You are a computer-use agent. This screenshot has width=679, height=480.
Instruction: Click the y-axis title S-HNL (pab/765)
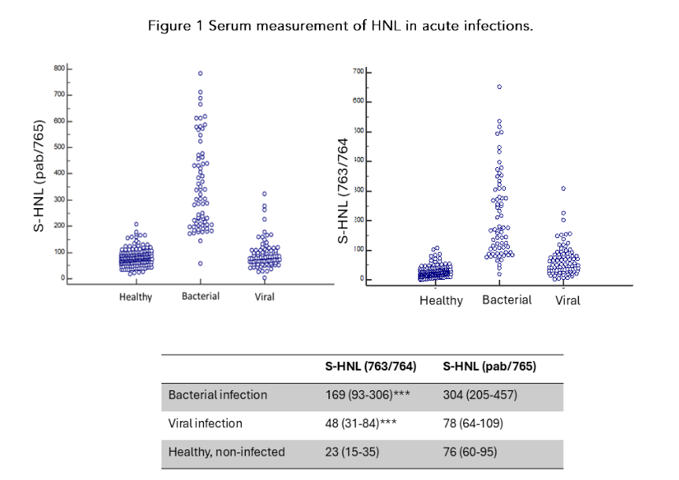pyautogui.click(x=38, y=176)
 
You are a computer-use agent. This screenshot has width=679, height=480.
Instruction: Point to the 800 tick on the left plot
pyautogui.click(x=58, y=69)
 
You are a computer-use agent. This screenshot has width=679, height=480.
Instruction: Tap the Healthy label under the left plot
pyautogui.click(x=135, y=297)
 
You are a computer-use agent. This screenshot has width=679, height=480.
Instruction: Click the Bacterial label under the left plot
pyautogui.click(x=200, y=296)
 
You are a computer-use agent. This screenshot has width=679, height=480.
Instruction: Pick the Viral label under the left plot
pyautogui.click(x=264, y=297)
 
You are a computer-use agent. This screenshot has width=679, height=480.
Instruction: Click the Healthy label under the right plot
pyautogui.click(x=441, y=300)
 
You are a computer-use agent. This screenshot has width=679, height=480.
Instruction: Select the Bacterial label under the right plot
pyautogui.click(x=506, y=300)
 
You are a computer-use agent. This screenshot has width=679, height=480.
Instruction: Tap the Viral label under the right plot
pyautogui.click(x=567, y=300)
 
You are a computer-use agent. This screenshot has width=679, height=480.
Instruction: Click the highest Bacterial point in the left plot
pyautogui.click(x=200, y=73)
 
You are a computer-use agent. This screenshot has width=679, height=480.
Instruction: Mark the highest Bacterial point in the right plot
pyautogui.click(x=499, y=87)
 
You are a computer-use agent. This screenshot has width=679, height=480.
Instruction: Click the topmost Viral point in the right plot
pyautogui.click(x=563, y=188)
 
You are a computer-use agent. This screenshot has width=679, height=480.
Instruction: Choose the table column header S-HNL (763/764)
pyautogui.click(x=371, y=367)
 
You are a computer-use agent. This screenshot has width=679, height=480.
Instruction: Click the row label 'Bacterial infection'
pyautogui.click(x=218, y=395)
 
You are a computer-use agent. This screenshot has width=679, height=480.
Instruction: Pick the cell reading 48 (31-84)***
pyautogui.click(x=361, y=423)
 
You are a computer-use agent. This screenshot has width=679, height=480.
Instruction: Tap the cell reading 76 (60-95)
pyautogui.click(x=470, y=452)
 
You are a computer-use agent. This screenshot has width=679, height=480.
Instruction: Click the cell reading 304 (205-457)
pyautogui.click(x=480, y=395)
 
